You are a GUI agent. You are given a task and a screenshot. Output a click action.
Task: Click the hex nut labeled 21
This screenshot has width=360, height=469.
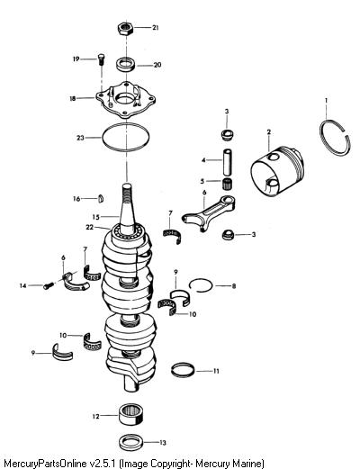coord(125,29)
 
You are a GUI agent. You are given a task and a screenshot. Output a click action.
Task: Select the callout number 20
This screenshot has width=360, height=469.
coord(157,65)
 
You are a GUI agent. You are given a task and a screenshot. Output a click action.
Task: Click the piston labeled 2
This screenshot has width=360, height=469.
coord(277,171)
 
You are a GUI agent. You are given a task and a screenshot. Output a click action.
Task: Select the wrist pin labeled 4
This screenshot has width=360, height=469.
coord(228,162)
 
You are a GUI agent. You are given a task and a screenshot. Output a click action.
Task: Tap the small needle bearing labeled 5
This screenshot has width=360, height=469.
coord(229,184)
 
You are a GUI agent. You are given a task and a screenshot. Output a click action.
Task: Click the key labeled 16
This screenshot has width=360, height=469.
coord(101,199)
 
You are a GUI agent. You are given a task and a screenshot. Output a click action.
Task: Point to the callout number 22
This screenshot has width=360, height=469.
coord(90,228)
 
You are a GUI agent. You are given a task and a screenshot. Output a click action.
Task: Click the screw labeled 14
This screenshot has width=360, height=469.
coord(49,286)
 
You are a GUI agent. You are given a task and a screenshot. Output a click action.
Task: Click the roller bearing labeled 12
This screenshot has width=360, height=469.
coord(130,414)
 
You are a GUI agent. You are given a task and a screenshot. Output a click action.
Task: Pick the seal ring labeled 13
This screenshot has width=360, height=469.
coord(131,442)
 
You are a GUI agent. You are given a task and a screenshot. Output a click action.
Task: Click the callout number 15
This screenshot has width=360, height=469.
coord(95,217)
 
